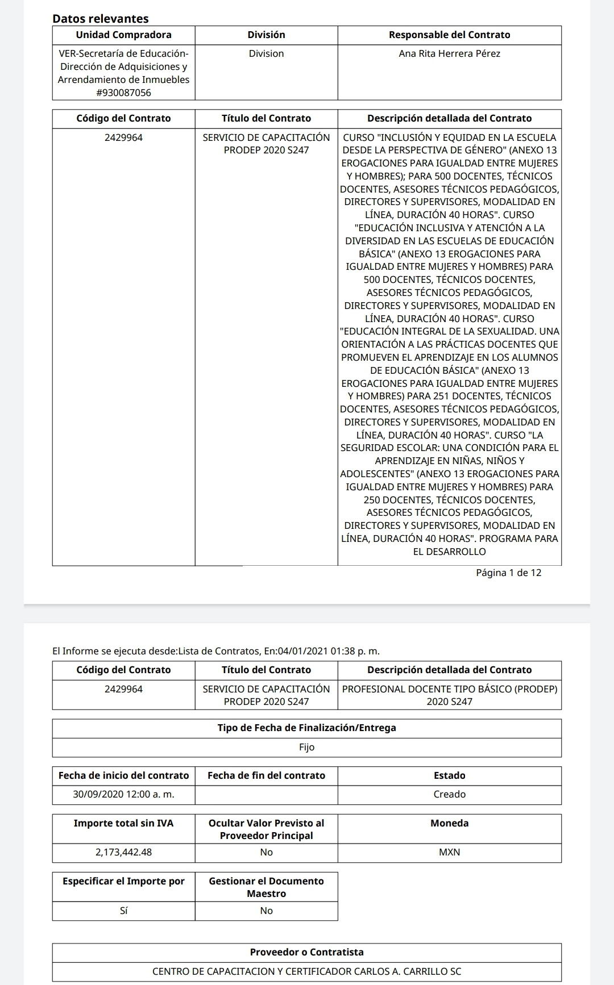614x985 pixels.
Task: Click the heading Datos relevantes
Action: point(100,18)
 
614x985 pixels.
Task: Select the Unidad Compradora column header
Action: point(123,35)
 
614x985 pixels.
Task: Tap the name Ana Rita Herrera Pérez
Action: point(449,53)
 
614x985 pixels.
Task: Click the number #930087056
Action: point(123,93)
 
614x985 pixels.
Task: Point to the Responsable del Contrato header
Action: point(449,35)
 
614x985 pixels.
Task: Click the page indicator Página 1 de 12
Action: point(508,573)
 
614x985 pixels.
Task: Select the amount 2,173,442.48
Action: point(123,852)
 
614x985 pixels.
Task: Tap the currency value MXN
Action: point(449,852)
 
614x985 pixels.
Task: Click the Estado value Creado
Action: point(449,794)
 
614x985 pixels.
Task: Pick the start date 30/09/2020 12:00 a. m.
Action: point(123,794)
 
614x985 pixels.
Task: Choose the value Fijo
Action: point(306,747)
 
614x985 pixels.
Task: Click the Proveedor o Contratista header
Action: point(306,952)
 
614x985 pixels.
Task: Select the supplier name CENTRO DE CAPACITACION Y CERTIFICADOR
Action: point(306,971)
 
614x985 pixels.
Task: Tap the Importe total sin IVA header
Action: point(123,823)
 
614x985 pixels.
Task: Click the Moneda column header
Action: point(449,823)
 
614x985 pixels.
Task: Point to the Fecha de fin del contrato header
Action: point(266,775)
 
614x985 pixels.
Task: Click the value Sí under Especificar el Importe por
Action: point(123,911)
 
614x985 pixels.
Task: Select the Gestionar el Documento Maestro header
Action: point(266,887)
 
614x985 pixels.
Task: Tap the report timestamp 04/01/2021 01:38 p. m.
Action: point(329,651)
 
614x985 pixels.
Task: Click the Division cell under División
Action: point(266,53)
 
